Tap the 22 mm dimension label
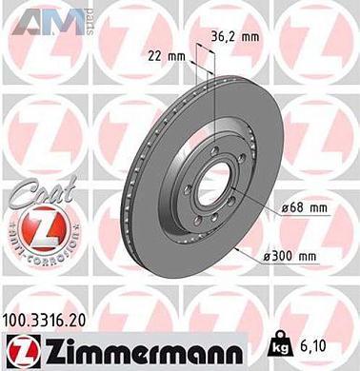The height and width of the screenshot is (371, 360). [x=167, y=56]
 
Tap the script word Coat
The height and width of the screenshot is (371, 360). [x=34, y=193]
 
